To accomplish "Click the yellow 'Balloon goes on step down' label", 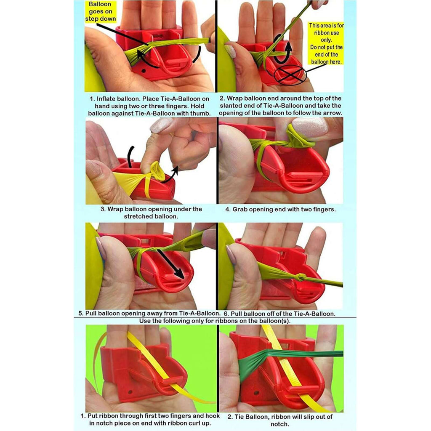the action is click(x=100, y=11).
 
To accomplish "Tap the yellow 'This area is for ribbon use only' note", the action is click(x=326, y=43).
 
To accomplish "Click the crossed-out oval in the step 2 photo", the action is click(x=290, y=74).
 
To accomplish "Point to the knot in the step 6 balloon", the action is click(x=301, y=277).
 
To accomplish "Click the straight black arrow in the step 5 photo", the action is click(x=170, y=264).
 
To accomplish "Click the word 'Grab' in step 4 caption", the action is click(x=239, y=210).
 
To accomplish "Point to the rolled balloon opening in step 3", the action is click(x=156, y=171).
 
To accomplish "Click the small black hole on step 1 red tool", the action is click(x=143, y=71).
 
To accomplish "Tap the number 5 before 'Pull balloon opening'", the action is click(x=80, y=313).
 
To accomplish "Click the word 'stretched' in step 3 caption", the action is click(x=137, y=217).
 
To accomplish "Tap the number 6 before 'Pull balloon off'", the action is click(x=226, y=314).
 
